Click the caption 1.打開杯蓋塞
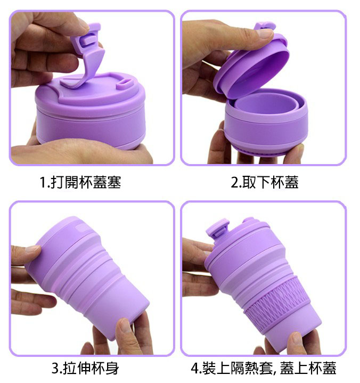tap(80, 182)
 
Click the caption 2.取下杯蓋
tap(265, 182)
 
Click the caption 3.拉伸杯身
tap(85, 368)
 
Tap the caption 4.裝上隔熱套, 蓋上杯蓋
tap(264, 368)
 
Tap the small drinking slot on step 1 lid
tap(125, 84)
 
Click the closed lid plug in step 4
tap(218, 229)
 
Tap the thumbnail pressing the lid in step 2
tap(265, 33)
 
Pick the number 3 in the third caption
tap(55, 369)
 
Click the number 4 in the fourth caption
tap(195, 369)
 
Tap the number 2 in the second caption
tap(235, 183)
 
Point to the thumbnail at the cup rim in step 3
tap(32, 249)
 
